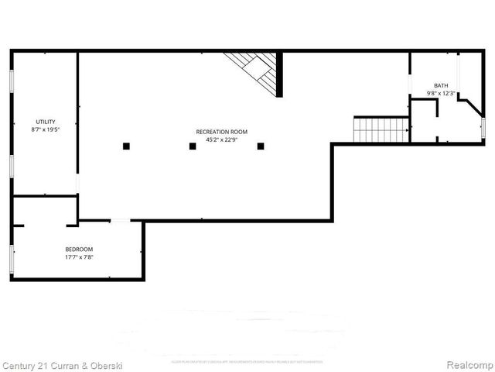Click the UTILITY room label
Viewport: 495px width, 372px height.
(45, 122)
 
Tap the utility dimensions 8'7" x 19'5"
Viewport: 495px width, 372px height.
(45, 129)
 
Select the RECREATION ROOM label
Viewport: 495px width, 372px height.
(220, 133)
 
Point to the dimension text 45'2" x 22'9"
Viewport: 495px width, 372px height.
(220, 140)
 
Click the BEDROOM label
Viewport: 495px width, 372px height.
(78, 249)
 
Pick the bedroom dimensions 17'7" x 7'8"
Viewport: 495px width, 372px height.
(78, 257)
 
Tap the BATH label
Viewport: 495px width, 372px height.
(440, 85)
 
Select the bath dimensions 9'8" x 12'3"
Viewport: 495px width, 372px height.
(440, 93)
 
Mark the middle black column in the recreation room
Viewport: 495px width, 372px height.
(193, 146)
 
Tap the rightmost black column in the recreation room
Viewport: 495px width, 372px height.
(261, 146)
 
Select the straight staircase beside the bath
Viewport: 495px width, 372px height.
(381, 129)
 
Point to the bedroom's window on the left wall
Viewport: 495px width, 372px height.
(11, 258)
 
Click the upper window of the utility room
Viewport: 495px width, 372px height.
(11, 82)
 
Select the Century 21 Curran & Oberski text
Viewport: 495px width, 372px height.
(62, 364)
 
